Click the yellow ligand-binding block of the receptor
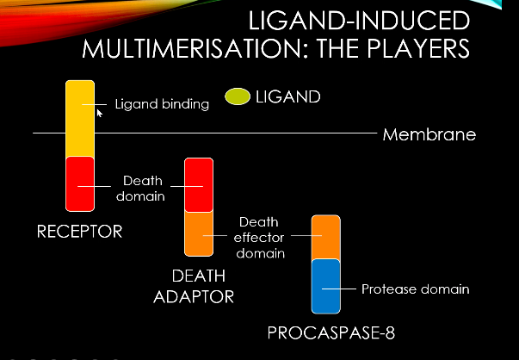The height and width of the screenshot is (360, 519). click(80, 118)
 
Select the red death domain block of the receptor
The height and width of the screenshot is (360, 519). click(80, 183)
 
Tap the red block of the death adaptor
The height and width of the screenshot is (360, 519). click(199, 184)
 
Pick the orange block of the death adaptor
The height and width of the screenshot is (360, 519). click(199, 233)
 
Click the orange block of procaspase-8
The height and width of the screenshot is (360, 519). click(326, 238)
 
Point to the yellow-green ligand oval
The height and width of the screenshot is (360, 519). click(238, 98)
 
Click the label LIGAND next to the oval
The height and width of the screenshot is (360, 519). click(288, 97)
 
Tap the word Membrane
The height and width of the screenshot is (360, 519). click(429, 135)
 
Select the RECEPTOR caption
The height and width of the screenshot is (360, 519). click(79, 232)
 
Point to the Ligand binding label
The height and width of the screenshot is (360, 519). click(163, 105)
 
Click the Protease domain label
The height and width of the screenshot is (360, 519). click(415, 289)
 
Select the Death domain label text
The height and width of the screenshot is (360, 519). click(143, 188)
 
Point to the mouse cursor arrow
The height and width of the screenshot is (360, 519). click(99, 112)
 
